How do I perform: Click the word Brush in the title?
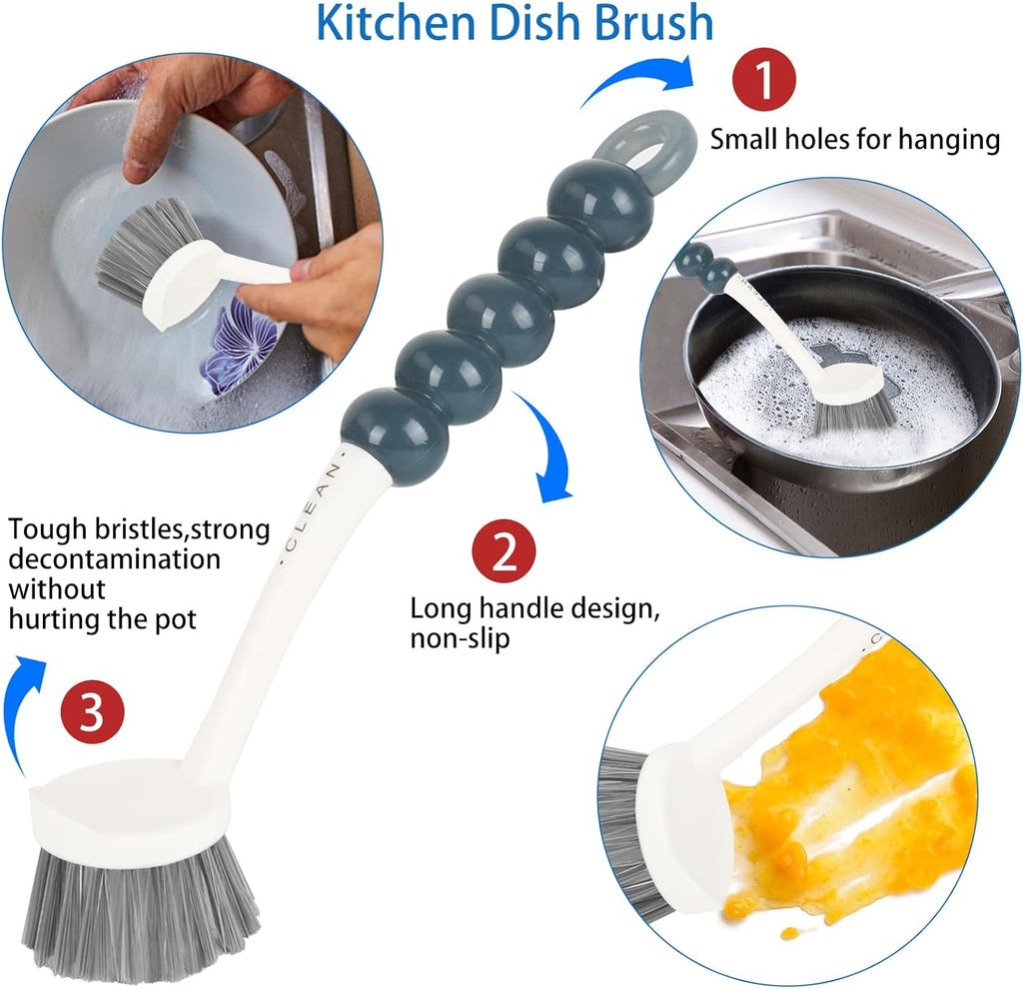[x=651, y=24]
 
